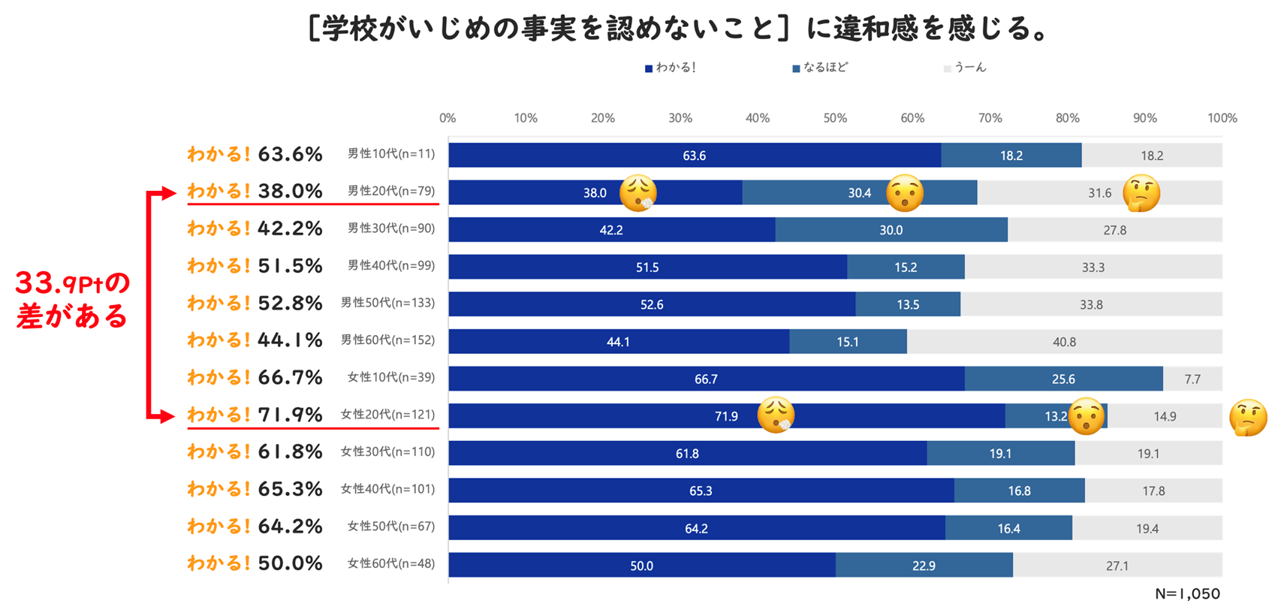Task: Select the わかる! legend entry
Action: point(671,68)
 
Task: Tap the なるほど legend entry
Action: point(821,68)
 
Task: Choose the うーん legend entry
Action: point(966,68)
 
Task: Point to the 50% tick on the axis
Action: point(835,118)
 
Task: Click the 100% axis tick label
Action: point(1222,118)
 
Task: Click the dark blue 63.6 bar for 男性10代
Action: point(694,156)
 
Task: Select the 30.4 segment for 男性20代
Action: point(859,193)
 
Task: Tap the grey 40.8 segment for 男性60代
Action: point(1064,342)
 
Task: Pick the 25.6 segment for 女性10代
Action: point(1063,379)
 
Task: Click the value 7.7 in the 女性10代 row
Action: point(1192,379)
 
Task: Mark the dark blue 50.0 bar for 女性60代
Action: point(641,566)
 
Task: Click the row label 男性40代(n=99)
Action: point(391,265)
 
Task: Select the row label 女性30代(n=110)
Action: point(387,451)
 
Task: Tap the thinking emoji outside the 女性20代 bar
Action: point(1248,418)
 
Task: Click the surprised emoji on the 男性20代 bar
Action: point(904,193)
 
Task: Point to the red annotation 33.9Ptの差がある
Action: point(73,299)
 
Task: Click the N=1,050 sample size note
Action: point(1187,593)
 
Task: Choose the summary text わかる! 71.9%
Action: point(255,415)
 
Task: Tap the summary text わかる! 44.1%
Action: point(255,340)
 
